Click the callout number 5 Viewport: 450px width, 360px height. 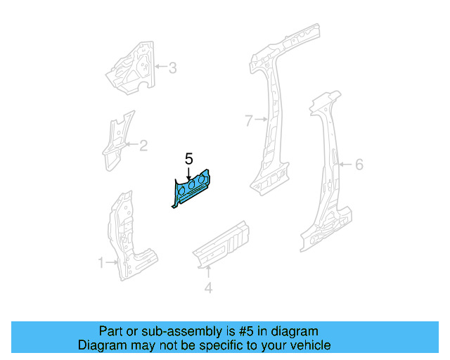pyautogui.click(x=188, y=159)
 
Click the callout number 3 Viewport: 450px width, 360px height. pyautogui.click(x=172, y=68)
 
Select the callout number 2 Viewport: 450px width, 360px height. pyautogui.click(x=143, y=146)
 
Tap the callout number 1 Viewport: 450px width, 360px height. pyautogui.click(x=101, y=263)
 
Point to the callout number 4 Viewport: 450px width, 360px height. pyautogui.click(x=207, y=288)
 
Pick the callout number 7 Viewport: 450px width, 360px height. pyautogui.click(x=248, y=121)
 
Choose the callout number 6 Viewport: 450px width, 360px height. pyautogui.click(x=359, y=165)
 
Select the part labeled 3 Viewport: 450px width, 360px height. pyautogui.click(x=131, y=68)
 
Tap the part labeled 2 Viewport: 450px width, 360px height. pyautogui.click(x=115, y=141)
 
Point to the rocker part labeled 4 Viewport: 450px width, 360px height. pyautogui.click(x=224, y=243)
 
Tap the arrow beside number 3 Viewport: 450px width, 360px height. pyautogui.click(x=160, y=68)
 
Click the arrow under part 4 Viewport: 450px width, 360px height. pyautogui.click(x=207, y=273)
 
